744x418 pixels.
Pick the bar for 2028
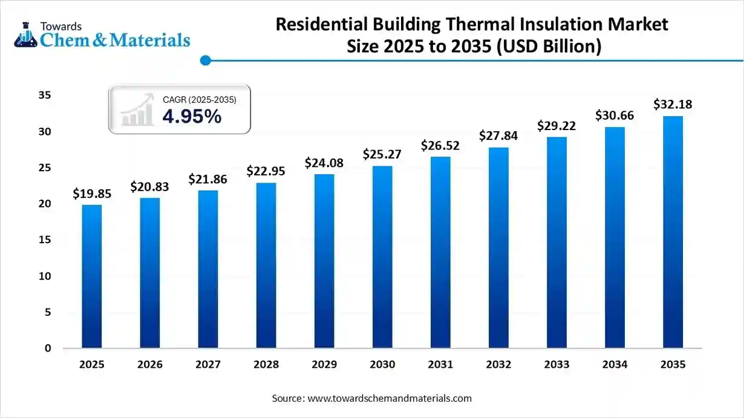(266, 266)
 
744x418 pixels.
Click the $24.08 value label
(324, 163)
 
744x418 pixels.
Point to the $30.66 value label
(615, 115)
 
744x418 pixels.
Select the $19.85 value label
(92, 194)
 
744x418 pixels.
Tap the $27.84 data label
(498, 136)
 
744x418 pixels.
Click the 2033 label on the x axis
(556, 365)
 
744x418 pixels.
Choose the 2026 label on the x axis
(150, 365)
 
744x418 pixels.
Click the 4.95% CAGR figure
(192, 117)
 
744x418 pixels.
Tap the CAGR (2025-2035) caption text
(199, 99)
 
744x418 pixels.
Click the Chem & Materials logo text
(114, 41)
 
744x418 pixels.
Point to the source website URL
(390, 399)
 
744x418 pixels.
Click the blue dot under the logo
(205, 60)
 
